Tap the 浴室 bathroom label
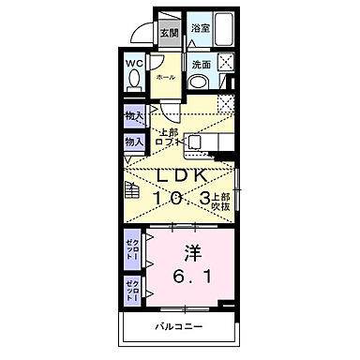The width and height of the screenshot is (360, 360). click(x=201, y=30)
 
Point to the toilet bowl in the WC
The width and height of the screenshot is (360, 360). click(x=133, y=82)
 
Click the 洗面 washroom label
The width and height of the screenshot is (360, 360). click(x=201, y=65)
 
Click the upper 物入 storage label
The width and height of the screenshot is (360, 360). click(x=133, y=116)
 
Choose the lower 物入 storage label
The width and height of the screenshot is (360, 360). click(x=133, y=142)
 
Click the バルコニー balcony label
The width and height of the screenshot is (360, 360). click(x=178, y=328)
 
